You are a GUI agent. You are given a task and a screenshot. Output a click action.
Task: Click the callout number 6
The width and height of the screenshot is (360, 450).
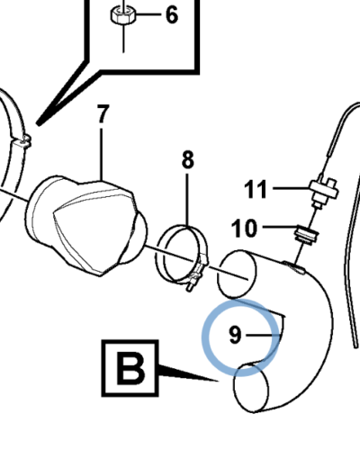click(x=172, y=15)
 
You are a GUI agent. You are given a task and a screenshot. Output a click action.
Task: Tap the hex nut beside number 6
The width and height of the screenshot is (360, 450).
click(x=123, y=14)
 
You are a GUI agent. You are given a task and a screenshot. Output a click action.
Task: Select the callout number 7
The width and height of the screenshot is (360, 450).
click(x=103, y=113)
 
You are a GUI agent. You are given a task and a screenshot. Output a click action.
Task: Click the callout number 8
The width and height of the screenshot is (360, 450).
click(x=188, y=159)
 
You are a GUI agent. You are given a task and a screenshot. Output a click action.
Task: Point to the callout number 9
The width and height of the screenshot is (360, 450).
click(x=235, y=335)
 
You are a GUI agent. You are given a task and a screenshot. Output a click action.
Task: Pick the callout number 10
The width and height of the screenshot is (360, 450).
click(x=244, y=229)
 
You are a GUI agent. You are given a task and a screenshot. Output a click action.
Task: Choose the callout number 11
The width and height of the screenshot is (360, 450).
click(x=256, y=189)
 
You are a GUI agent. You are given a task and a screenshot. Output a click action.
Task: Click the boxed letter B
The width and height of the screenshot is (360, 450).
click(x=130, y=368)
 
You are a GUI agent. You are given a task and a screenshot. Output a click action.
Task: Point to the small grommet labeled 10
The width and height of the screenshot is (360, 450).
click(x=306, y=235)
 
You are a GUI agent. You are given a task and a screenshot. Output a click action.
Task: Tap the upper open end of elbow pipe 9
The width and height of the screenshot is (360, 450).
click(x=237, y=274)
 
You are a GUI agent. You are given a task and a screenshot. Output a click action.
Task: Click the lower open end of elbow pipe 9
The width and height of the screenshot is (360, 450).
click(x=251, y=388)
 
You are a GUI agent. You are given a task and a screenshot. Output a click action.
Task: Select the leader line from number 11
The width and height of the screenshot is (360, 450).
click(x=292, y=188)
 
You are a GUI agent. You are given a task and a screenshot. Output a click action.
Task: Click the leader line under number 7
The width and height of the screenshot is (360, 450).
click(x=102, y=155)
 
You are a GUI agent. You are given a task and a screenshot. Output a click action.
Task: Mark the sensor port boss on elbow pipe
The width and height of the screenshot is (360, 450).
click(x=294, y=267)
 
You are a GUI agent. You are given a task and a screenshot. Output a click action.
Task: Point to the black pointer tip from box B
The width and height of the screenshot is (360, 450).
click(x=219, y=381)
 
